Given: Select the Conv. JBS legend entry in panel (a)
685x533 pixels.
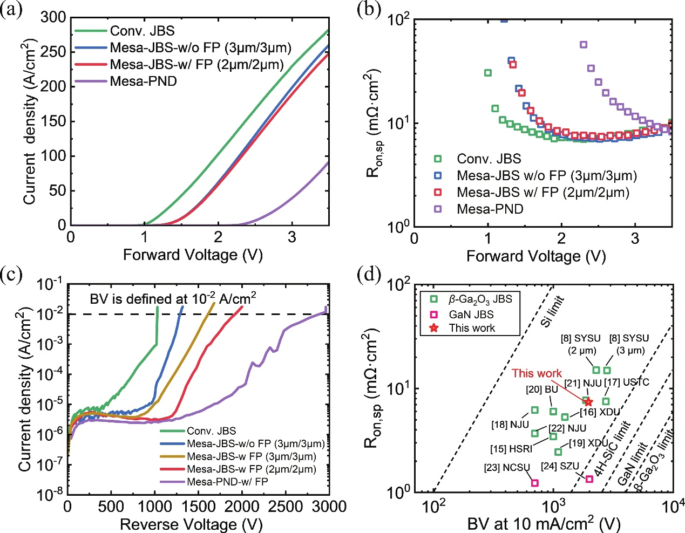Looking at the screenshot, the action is pos(125,31).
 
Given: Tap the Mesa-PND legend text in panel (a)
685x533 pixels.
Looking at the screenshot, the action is pos(144,81).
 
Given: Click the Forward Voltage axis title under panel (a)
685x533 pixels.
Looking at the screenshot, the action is pos(193,255).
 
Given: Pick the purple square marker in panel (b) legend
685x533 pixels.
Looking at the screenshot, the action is pos(438,209).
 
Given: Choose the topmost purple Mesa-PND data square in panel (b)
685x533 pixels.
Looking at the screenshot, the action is pos(584,44).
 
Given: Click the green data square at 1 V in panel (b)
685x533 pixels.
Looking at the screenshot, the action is pos(488,73).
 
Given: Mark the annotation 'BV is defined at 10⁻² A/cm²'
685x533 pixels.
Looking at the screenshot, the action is pos(173,298).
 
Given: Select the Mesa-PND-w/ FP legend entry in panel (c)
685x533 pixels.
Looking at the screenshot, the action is pos(214,482).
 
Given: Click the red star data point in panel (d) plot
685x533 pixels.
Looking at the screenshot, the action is pos(588,402).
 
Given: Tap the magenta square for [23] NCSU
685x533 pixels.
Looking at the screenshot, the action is pos(534,483).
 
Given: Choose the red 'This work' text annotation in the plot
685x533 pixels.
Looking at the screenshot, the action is pos(537,373).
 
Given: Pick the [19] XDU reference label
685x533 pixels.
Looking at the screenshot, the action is pos(588,443).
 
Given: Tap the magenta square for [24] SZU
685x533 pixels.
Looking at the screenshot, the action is pos(589,479).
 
